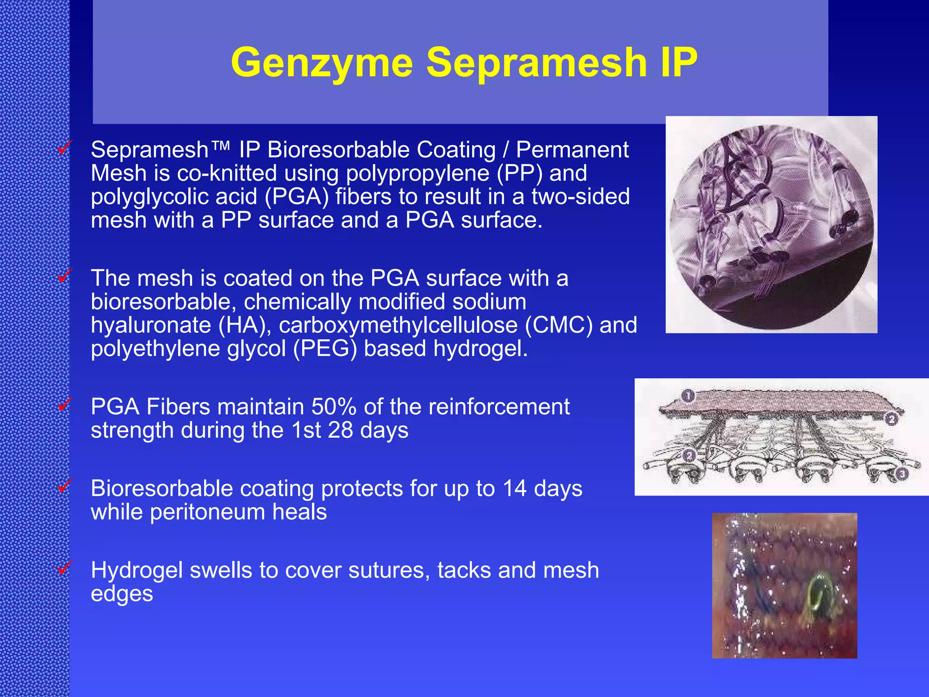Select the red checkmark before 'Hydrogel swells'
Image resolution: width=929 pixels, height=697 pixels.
coord(65,567)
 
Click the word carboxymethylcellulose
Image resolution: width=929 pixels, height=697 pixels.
coord(398,325)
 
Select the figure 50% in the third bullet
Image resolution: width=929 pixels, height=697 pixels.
coord(333,407)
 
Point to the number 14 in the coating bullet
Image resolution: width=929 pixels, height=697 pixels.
coord(514,489)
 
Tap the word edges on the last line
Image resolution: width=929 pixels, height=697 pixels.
coord(122,594)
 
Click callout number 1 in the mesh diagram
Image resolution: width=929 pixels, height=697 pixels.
coord(688,396)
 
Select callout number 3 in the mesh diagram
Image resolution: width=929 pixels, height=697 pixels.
coord(902,474)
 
